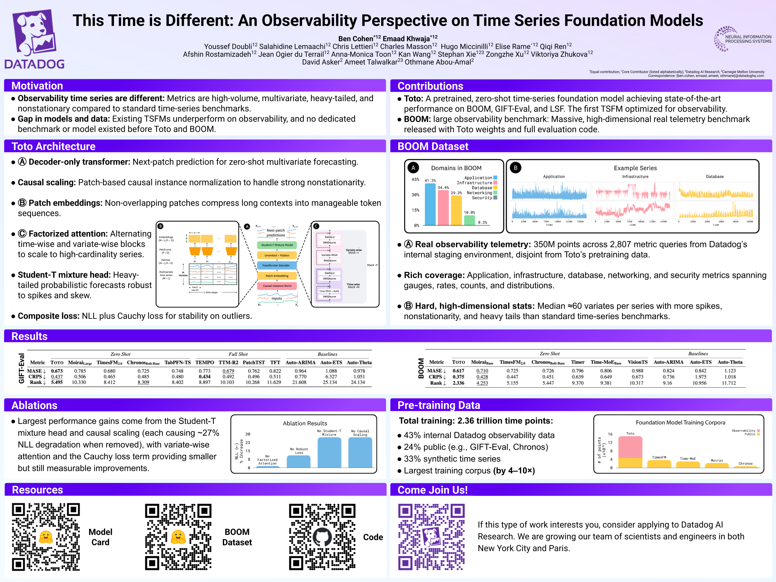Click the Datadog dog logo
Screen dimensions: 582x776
point(34,33)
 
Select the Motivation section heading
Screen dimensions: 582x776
point(37,86)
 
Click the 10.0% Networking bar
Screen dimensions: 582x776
point(469,220)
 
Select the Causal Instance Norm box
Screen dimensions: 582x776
point(277,286)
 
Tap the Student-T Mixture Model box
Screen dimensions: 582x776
point(277,245)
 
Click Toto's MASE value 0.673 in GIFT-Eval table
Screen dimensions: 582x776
point(56,371)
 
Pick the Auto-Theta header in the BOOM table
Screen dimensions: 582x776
point(730,362)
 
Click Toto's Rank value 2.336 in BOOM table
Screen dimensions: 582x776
point(458,383)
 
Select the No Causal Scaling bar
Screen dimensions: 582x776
point(360,452)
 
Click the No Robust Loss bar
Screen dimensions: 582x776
point(298,461)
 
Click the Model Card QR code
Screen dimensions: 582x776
point(46,537)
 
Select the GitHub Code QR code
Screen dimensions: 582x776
point(322,537)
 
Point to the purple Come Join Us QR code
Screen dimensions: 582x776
point(431,537)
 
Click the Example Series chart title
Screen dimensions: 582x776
point(635,168)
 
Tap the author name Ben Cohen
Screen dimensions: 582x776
point(355,38)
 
